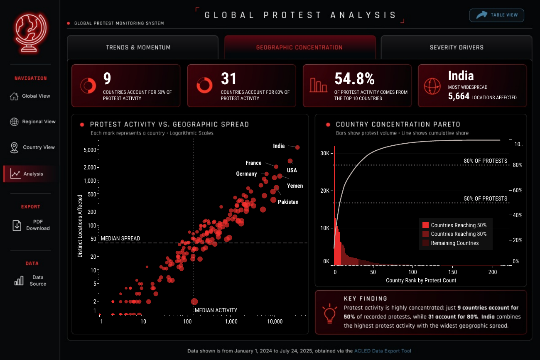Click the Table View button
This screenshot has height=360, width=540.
[x=497, y=15]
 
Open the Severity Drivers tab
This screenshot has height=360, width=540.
[x=457, y=47]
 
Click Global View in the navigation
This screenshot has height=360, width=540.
[x=30, y=96]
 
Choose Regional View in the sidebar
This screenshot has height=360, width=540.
[x=32, y=122]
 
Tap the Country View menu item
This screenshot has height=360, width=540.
[x=32, y=147]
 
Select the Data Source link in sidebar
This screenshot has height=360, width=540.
[x=30, y=280]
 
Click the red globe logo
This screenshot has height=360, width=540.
[x=31, y=32]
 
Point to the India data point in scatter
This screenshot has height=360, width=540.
[x=297, y=147]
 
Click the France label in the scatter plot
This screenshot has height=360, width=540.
[x=253, y=163]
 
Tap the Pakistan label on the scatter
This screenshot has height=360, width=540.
[x=288, y=202]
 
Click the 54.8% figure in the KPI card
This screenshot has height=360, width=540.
[x=354, y=78]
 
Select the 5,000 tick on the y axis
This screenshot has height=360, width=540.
[x=90, y=150]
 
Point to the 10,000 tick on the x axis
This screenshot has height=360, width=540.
[x=275, y=321]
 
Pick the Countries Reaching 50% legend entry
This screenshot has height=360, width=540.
[x=454, y=225]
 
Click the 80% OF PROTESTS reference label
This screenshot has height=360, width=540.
[x=486, y=161]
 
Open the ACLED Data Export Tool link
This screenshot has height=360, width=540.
[x=383, y=351]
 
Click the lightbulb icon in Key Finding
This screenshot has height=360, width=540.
[x=329, y=313]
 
